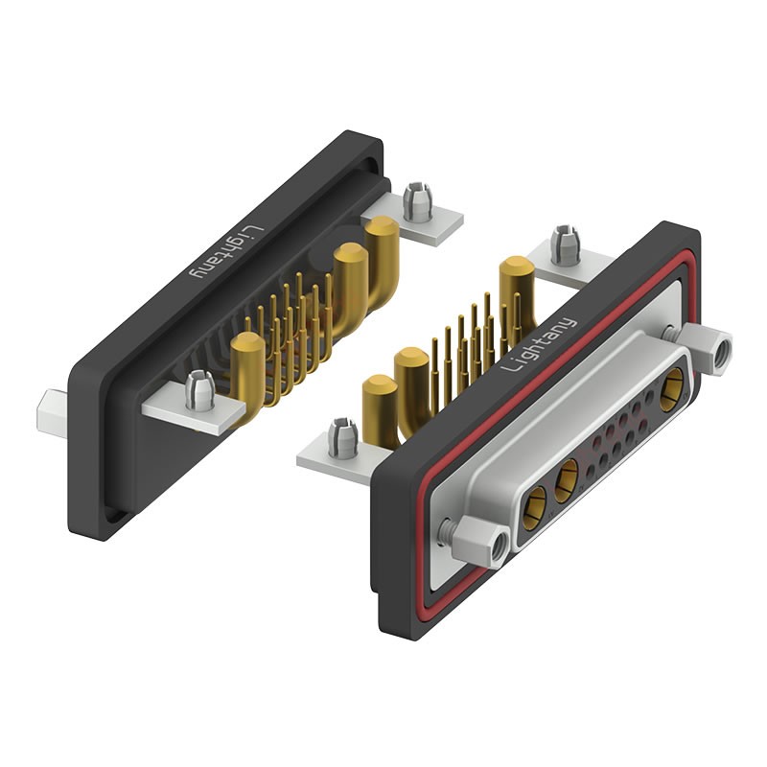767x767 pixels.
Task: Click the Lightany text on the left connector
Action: click(x=227, y=252)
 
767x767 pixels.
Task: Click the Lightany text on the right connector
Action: click(x=540, y=345)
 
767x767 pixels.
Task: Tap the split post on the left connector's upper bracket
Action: click(x=417, y=201)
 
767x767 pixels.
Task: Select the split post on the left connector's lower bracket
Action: click(x=200, y=390)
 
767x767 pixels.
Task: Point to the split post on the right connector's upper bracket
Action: click(x=566, y=245)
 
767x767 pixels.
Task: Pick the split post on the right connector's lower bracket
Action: click(x=343, y=438)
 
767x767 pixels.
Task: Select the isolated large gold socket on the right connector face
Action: click(x=673, y=389)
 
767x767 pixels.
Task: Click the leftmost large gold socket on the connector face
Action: click(x=534, y=508)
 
